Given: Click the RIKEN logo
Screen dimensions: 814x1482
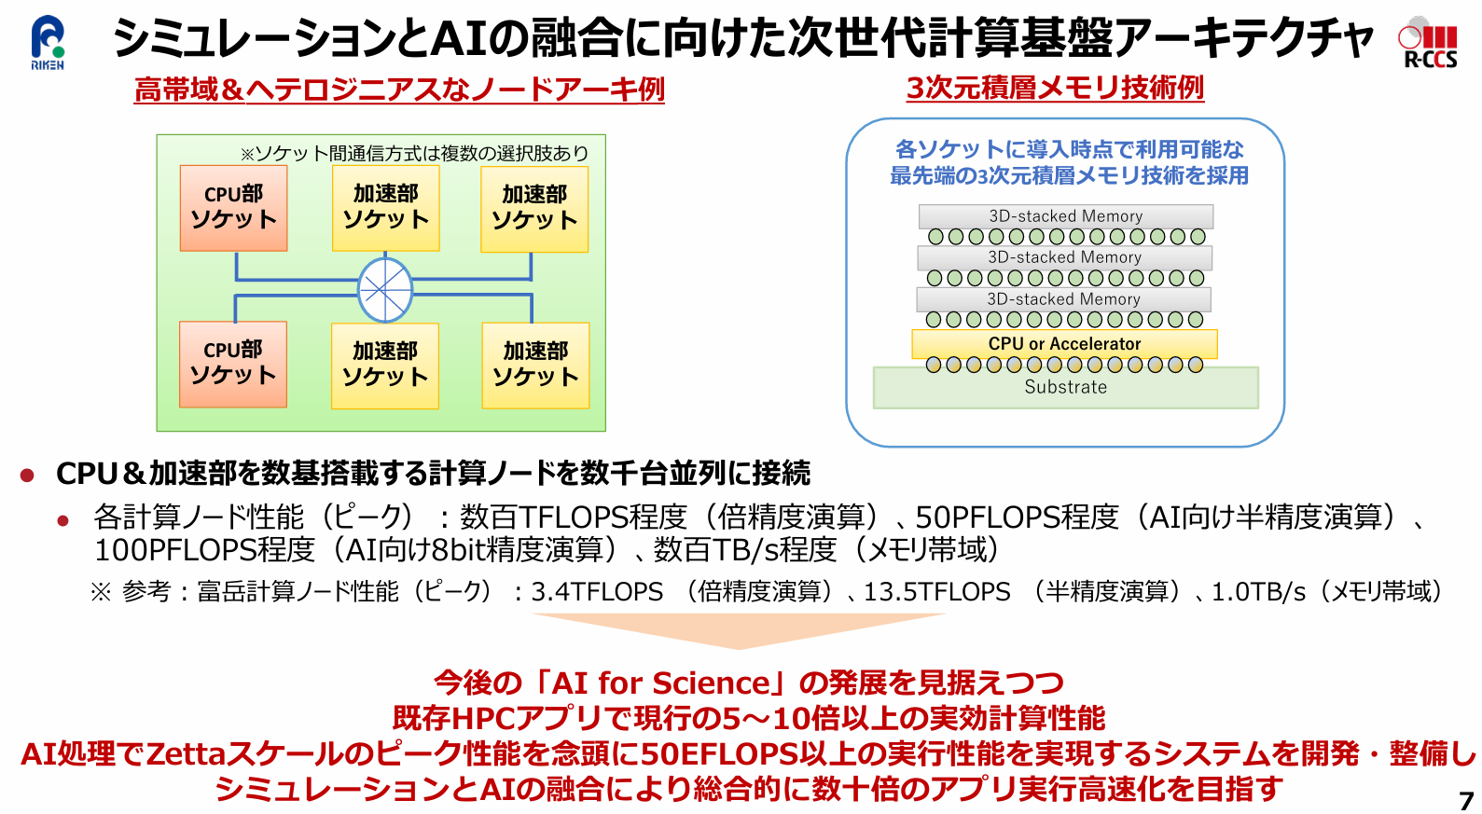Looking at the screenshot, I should pos(48,42).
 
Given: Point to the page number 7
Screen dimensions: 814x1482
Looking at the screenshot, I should pos(1466,800).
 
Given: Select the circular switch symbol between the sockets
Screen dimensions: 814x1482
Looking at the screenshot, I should pos(385,290).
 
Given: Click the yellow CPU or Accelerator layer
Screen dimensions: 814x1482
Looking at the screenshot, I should pos(1064,344).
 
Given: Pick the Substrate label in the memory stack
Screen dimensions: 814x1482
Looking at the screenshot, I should pos(1065,387).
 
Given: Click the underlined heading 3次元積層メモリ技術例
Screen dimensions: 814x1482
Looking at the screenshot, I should pos(1055,88).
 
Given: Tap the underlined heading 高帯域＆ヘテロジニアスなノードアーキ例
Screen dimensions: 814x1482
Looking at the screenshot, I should pos(399,90).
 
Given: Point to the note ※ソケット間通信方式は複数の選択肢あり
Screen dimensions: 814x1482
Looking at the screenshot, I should pos(414,153).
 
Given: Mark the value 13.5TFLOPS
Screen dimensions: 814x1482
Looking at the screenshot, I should pos(936,592).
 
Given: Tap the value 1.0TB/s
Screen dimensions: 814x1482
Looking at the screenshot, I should pos(1258,592).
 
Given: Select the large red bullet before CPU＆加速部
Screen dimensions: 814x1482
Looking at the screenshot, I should pos(27,476).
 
